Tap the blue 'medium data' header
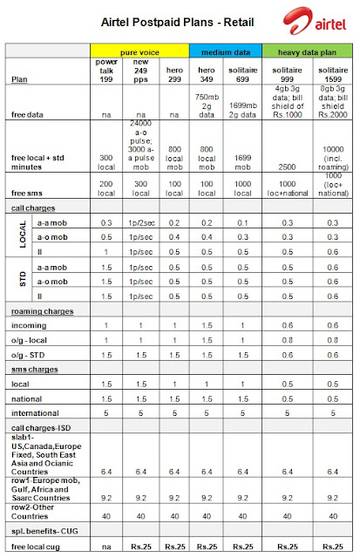click(214, 52)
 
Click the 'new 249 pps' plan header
click(139, 70)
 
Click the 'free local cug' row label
click(35, 547)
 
